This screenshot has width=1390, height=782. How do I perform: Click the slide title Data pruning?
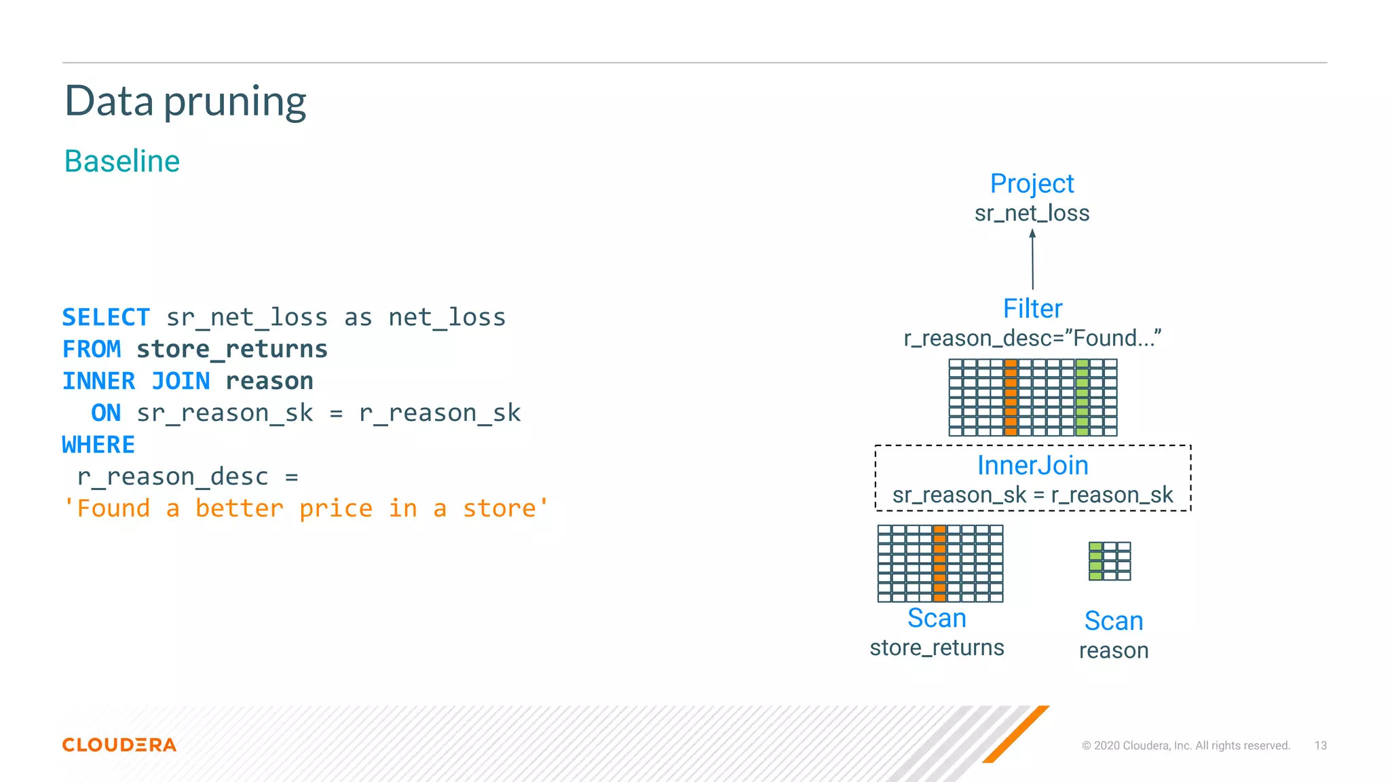185,101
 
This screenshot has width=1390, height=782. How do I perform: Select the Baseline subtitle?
122,162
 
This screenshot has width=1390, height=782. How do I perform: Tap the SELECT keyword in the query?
106,317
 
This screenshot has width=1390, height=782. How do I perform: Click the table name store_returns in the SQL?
232,349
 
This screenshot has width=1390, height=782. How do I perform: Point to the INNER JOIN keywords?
136,381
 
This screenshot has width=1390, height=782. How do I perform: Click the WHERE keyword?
99,445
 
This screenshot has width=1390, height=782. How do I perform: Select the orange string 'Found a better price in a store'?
305,508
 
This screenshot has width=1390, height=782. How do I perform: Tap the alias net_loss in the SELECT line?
447,317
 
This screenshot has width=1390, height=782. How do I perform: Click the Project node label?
1032,183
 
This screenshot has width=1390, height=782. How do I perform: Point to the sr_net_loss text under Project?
1032,213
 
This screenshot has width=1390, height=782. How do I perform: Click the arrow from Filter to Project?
1032,260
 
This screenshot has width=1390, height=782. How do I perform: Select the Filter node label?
1032,309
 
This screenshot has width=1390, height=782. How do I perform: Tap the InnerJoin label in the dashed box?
1032,466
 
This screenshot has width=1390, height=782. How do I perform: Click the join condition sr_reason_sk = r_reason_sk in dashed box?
1032,496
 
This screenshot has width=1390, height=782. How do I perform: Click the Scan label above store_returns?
937,618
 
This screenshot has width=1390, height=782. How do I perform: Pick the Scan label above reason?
1114,621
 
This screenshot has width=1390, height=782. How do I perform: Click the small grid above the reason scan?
1110,561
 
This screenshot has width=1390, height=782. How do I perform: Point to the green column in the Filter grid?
1082,397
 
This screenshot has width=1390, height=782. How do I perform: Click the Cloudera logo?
119,745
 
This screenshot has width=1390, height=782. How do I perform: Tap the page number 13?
1320,745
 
